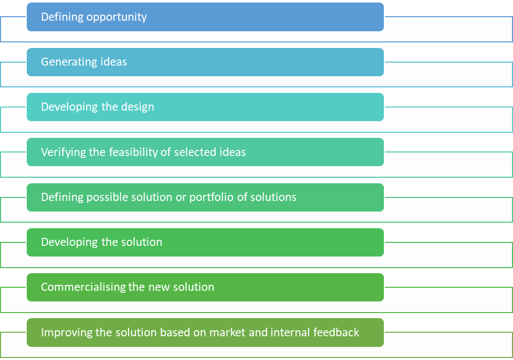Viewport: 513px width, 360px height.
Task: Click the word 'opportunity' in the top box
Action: [117, 17]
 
